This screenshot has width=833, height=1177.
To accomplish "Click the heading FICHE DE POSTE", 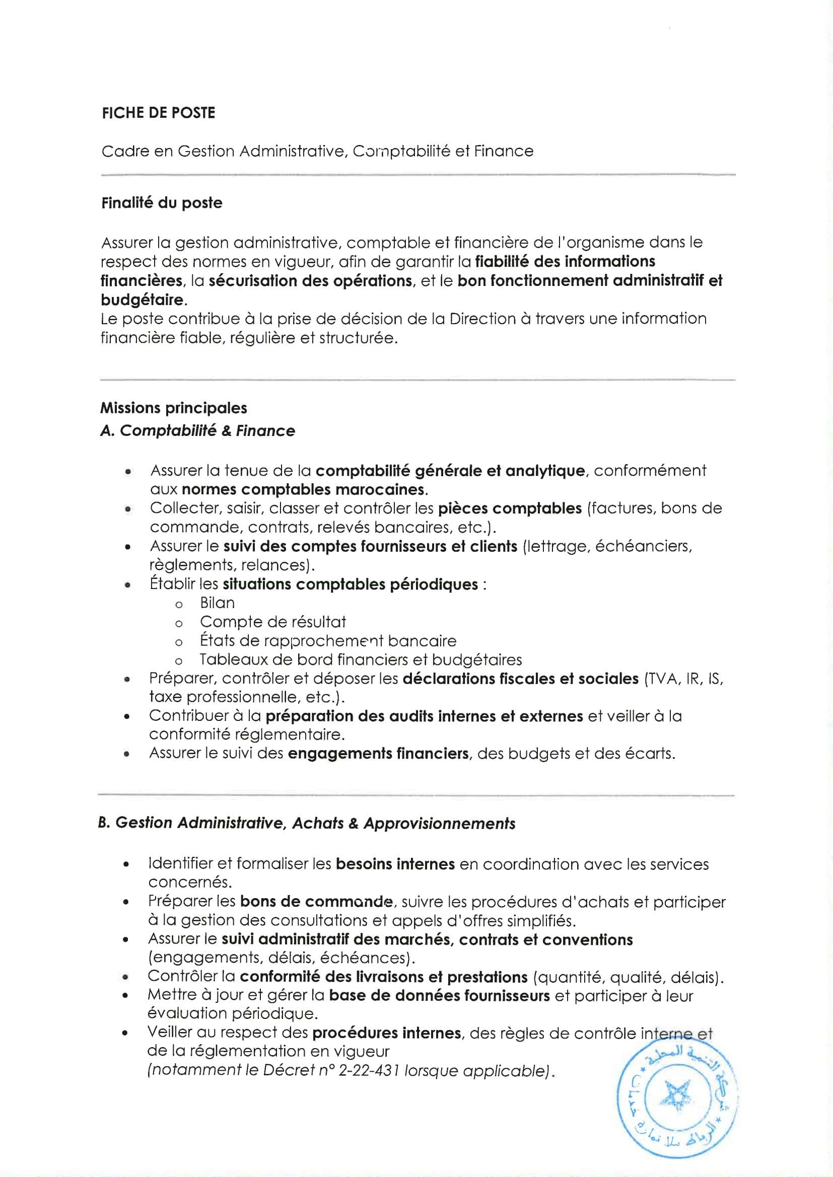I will click(159, 113).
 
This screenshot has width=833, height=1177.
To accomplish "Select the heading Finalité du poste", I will click(162, 203).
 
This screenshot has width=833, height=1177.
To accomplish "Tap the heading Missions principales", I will click(173, 408).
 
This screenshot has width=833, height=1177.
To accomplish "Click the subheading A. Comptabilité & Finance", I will click(197, 430).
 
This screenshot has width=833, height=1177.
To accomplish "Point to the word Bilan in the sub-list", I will click(217, 603).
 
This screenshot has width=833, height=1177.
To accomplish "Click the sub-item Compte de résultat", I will click(272, 622).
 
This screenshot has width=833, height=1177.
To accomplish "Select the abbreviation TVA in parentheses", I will click(661, 679).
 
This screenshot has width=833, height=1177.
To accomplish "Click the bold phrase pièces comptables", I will click(509, 508).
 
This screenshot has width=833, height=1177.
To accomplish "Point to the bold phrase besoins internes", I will click(395, 864).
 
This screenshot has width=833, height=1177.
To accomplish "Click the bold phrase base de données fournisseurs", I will click(439, 996).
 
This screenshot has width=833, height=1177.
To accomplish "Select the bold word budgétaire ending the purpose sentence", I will click(141, 300).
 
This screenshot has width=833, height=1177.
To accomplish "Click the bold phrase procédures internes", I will click(386, 1034).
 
